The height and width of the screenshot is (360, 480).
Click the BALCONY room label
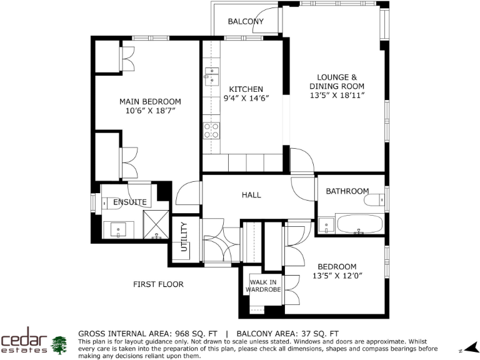(245, 22)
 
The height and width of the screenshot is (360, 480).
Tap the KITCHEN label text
(246, 89)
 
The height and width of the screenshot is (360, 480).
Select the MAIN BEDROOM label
(150, 102)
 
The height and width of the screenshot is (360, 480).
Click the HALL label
(251, 195)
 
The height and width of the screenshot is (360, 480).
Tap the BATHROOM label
(347, 191)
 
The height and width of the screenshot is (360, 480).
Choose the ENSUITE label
(129, 202)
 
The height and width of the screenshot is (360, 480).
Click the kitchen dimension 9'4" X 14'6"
(246, 99)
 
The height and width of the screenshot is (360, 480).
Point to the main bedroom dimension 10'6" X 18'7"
(150, 111)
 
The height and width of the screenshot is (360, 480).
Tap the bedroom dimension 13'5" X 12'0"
(337, 276)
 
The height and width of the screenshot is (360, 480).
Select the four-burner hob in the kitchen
(211, 131)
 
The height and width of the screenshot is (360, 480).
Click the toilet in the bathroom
(377, 201)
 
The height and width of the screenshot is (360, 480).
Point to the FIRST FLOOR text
(158, 284)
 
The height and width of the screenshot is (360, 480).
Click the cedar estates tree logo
(59, 344)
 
